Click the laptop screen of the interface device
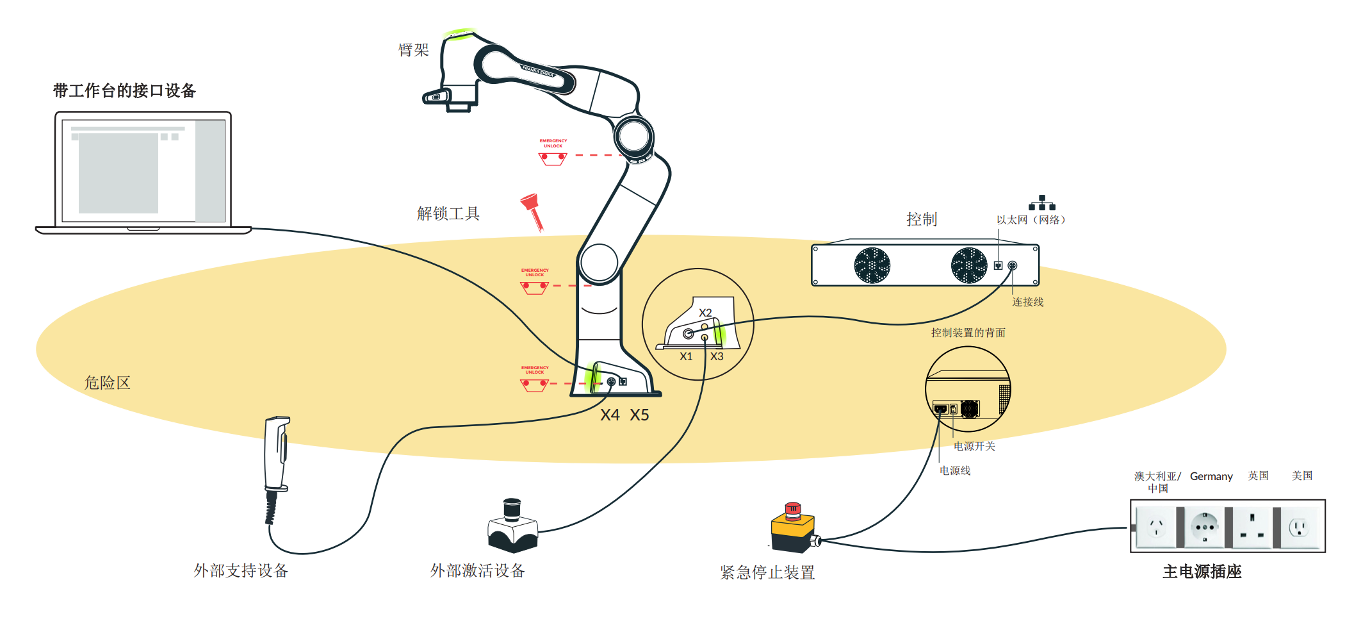click(143, 170)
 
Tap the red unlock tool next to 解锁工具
click(533, 211)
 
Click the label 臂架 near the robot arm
click(413, 50)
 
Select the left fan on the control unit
click(872, 265)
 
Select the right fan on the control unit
click(968, 265)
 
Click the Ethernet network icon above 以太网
click(1041, 203)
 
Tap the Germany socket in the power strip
click(1204, 527)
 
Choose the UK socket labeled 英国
click(1252, 527)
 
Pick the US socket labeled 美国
click(1299, 527)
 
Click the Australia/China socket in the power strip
click(1156, 527)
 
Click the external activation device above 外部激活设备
click(512, 528)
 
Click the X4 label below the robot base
click(610, 415)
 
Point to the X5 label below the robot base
click(639, 415)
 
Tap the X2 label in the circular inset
click(705, 313)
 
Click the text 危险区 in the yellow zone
click(107, 383)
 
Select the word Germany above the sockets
click(1211, 476)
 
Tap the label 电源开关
click(974, 446)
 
